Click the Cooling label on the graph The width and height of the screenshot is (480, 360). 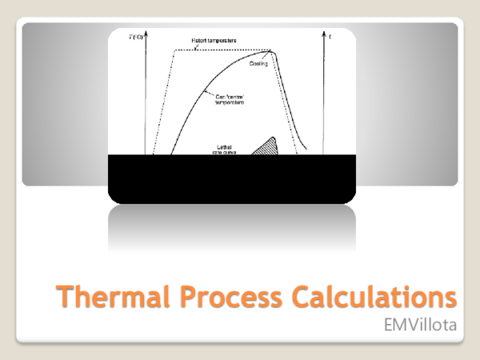258,63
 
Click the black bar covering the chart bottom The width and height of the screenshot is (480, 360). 232,176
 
